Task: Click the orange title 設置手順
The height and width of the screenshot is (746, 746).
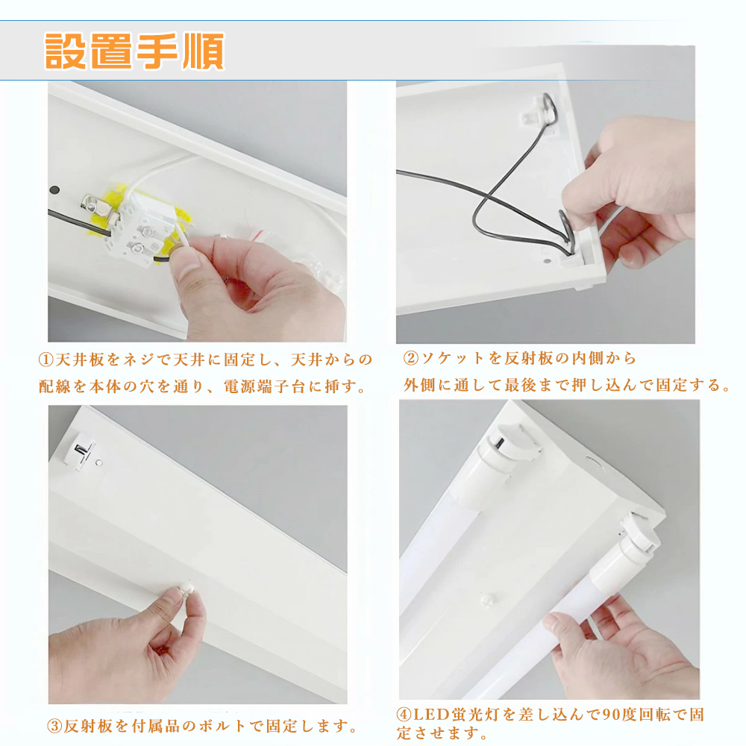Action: tap(134, 51)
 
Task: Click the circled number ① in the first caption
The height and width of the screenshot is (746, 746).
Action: tap(46, 360)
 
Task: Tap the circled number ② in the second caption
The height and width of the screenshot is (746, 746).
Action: tap(411, 358)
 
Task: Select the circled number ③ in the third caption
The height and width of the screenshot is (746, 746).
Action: tap(54, 726)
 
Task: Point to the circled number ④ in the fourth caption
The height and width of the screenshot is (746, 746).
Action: tap(404, 714)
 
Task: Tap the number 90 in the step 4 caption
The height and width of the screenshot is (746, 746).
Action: tap(613, 714)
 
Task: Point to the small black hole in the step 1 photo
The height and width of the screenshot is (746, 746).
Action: tap(54, 189)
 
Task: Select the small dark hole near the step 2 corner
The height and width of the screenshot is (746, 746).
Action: tap(547, 261)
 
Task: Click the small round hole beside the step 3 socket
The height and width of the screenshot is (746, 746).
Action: tap(99, 463)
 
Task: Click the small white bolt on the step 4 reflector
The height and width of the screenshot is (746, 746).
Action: tap(486, 600)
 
